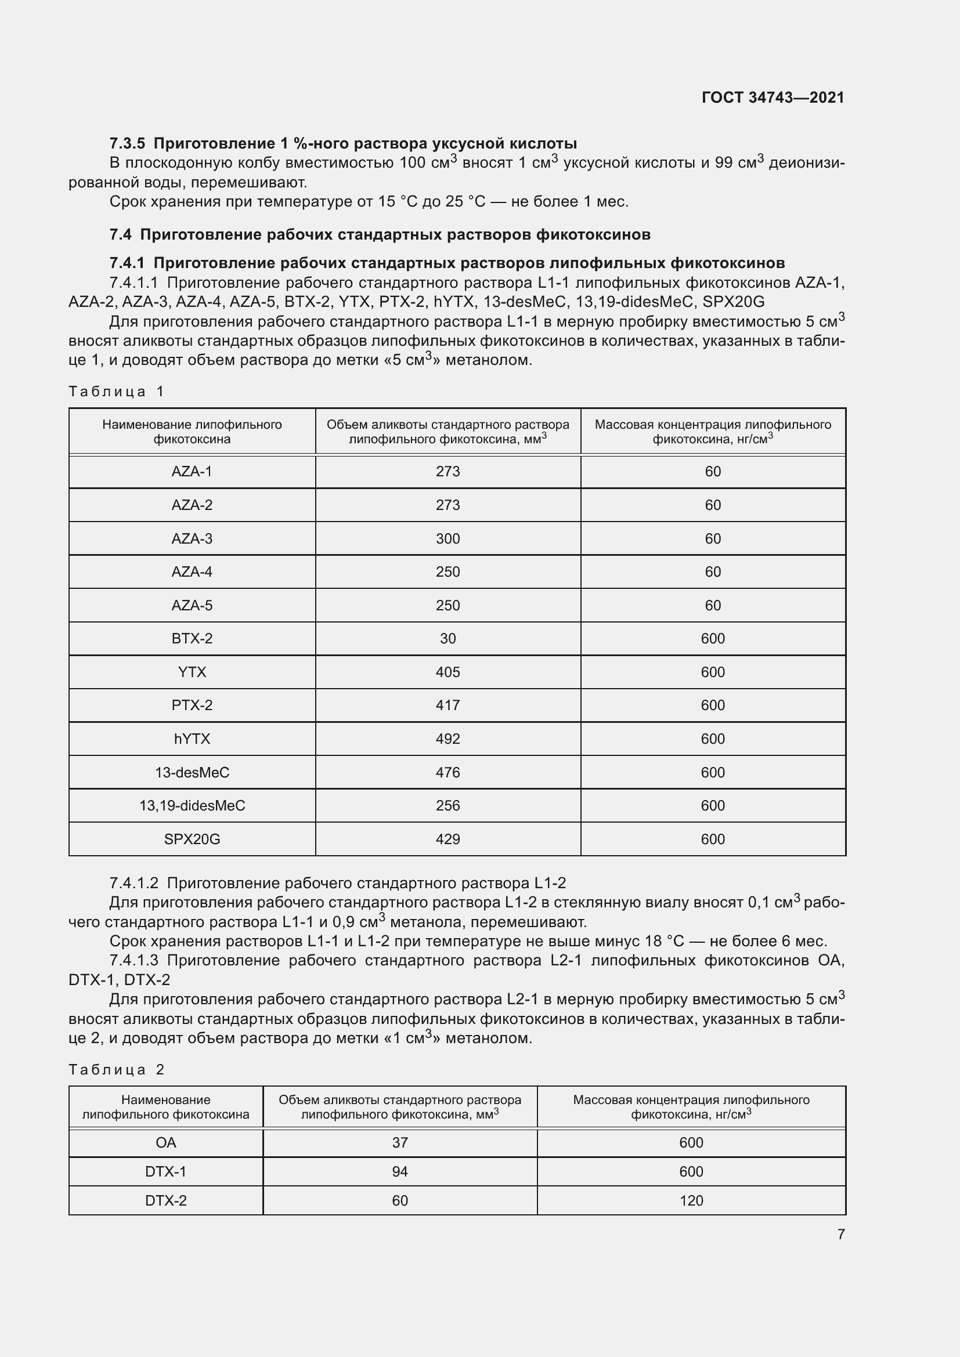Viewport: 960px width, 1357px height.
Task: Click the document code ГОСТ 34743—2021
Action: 773,97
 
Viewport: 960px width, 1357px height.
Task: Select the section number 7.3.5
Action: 127,144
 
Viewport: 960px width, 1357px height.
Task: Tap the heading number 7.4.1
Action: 127,263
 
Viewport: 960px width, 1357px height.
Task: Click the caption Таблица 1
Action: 117,391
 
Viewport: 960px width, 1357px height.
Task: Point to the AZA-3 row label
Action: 192,538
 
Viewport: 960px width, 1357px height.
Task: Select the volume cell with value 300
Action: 447,538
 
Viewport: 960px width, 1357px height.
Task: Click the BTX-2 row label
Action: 192,638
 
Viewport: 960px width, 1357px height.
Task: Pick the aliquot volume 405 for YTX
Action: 447,672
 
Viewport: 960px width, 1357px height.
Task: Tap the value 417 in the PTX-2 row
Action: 447,705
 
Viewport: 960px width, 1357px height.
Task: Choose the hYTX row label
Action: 192,739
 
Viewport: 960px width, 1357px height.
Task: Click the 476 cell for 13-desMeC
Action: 447,772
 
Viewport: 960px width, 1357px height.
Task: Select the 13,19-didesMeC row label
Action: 192,806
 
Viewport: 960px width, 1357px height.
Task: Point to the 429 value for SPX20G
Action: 447,839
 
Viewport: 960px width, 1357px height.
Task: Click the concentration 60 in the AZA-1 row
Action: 712,472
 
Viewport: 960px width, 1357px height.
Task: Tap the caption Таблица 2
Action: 117,1069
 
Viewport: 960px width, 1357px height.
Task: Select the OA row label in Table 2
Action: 165,1142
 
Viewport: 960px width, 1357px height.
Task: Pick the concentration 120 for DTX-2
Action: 691,1200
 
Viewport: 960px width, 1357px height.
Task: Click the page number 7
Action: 840,1234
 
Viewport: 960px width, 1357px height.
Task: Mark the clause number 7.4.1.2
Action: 133,884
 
